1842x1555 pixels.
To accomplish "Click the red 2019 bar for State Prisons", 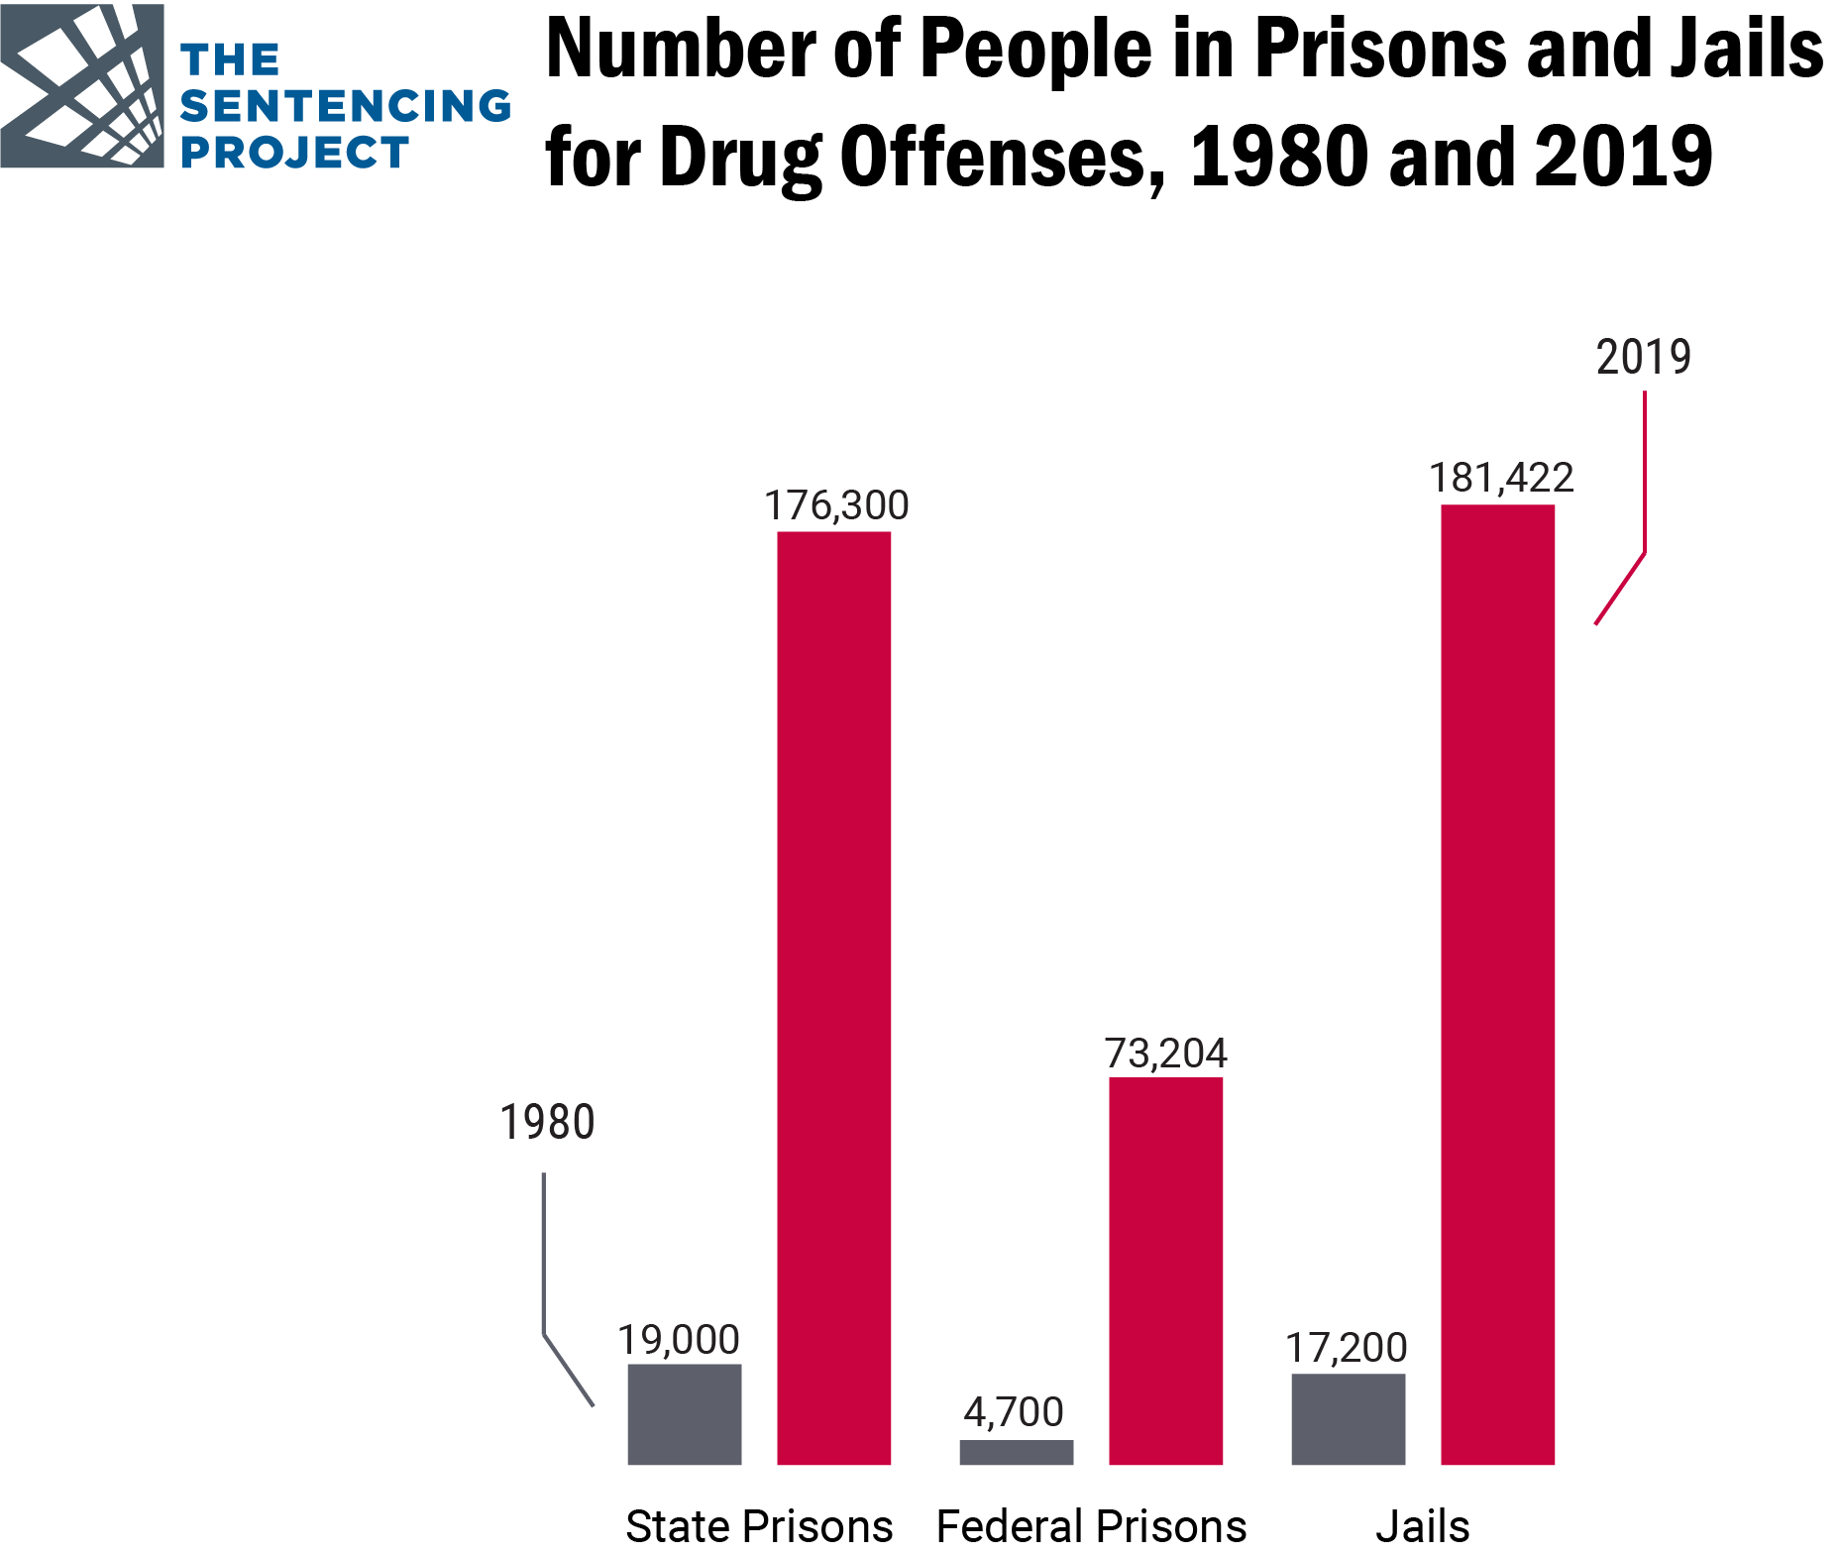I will (833, 997).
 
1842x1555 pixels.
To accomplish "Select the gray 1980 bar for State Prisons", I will (684, 1413).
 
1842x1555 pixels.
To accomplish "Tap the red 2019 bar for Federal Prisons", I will (1165, 1270).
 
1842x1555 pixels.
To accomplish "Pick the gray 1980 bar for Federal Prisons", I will (1016, 1451).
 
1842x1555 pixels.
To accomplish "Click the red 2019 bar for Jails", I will (1497, 983).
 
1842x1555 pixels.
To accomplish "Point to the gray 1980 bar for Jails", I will (1348, 1418).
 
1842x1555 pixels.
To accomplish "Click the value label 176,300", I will (836, 505).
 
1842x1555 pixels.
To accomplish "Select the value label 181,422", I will (1500, 478).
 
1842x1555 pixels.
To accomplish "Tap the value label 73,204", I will (1165, 1053).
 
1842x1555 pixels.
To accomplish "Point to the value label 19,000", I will (679, 1340).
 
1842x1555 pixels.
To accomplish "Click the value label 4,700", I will (1014, 1411).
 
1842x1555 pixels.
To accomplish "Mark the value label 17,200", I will (1346, 1348).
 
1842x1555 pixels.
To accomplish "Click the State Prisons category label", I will (759, 1526).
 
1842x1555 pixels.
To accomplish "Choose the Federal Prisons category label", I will (1091, 1526).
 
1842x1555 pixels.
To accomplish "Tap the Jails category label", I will (1422, 1526).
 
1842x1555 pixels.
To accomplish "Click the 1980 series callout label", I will (547, 1123).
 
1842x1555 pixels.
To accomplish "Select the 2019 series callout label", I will (1643, 357).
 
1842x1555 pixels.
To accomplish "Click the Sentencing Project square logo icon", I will (82, 85).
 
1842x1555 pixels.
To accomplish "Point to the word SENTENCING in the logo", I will (345, 106).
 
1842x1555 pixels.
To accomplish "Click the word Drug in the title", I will (740, 157).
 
